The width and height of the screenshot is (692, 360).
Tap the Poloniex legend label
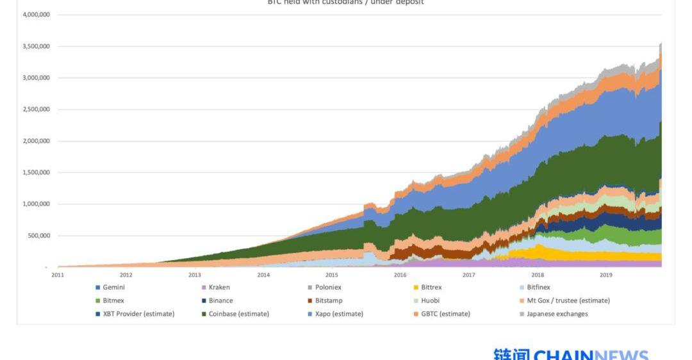(326, 288)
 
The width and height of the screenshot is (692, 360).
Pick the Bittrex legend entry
(431, 288)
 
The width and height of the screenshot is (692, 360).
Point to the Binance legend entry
(220, 300)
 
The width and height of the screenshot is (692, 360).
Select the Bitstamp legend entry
(329, 300)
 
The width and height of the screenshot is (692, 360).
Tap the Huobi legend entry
(430, 300)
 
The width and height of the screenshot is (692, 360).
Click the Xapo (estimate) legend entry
(339, 314)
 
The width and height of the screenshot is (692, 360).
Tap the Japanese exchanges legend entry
(557, 314)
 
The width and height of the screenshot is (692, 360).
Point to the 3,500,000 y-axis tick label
(36, 46)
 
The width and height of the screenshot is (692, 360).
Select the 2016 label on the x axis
(400, 275)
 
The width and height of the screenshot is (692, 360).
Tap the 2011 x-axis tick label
(58, 275)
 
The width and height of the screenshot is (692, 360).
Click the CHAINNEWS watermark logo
(571, 354)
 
